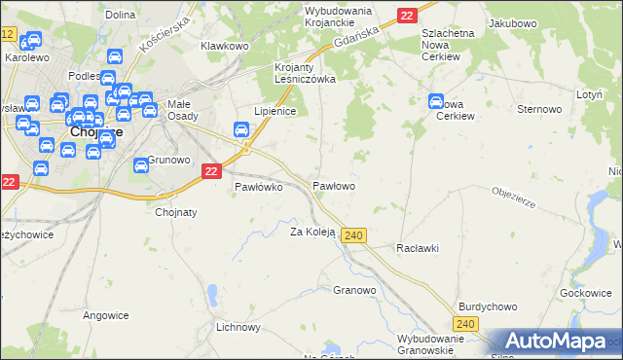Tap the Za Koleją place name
pyautogui.click(x=312, y=232)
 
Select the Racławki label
pyautogui.click(x=418, y=248)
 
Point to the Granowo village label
pyautogui.click(x=354, y=290)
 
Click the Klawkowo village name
pyautogui.click(x=225, y=46)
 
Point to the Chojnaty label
pyautogui.click(x=176, y=211)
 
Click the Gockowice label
pyautogui.click(x=585, y=292)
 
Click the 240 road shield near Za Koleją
pyautogui.click(x=354, y=235)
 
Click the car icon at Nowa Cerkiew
pyautogui.click(x=435, y=100)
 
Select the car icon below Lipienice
pyautogui.click(x=240, y=130)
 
